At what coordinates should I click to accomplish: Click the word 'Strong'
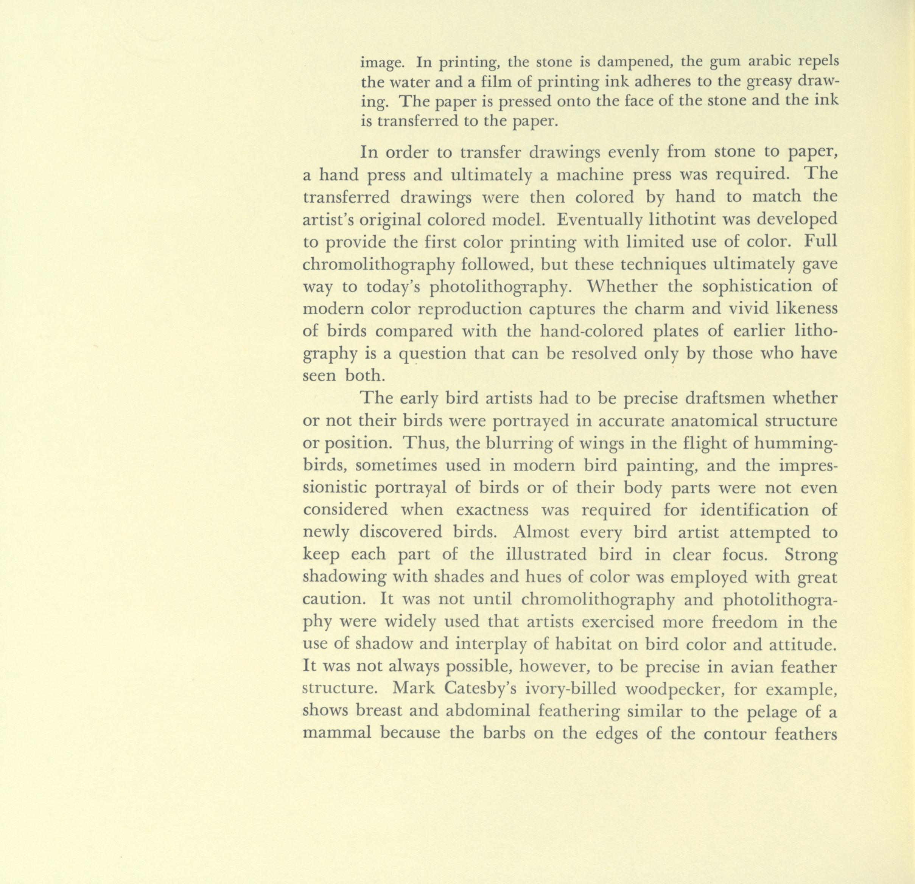point(811,555)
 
